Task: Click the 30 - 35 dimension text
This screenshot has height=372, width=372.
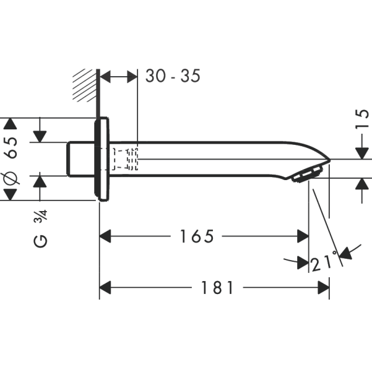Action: click(x=173, y=76)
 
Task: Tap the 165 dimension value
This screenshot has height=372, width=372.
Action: click(x=197, y=236)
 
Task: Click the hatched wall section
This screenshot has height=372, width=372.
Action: click(x=85, y=85)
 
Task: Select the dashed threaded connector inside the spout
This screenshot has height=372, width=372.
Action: click(x=126, y=158)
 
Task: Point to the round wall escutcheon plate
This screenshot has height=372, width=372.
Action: click(x=102, y=159)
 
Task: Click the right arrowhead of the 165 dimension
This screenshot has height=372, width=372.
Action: click(x=303, y=236)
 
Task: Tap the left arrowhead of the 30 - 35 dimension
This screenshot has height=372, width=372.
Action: click(x=105, y=76)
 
